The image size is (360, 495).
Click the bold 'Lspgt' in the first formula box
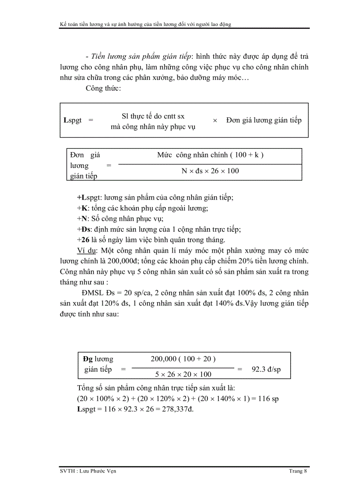pos(73,120)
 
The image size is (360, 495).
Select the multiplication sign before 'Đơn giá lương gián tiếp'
pos(215,120)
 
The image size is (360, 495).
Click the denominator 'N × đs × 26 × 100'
pos(210,171)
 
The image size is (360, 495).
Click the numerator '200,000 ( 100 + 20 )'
pos(183,359)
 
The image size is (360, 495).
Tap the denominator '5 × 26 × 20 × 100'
pos(183,374)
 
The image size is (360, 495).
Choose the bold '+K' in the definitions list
pos(80,208)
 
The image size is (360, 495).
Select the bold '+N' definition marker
pos(81,218)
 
